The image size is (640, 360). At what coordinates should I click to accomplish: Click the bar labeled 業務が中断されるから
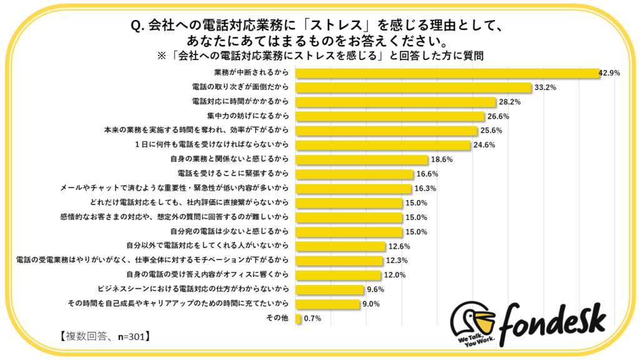[447, 73]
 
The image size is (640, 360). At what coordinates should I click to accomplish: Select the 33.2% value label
[544, 87]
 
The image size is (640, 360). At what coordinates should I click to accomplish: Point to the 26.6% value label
[498, 116]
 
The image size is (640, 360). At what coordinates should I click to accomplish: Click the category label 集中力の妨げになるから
[249, 116]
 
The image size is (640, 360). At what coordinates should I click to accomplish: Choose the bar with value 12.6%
[340, 246]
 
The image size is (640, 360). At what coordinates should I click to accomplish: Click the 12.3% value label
[396, 261]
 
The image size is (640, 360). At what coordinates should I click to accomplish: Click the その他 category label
[277, 319]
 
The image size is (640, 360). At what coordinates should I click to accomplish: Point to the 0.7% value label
[312, 319]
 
